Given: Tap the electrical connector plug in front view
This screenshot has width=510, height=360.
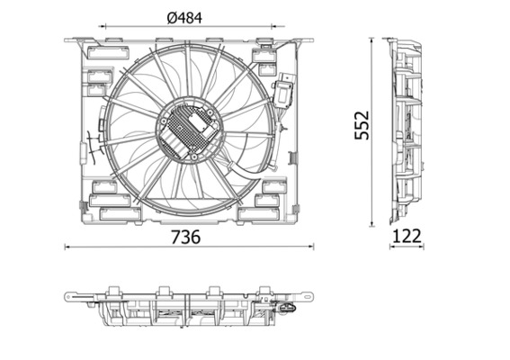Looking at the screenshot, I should (286, 90).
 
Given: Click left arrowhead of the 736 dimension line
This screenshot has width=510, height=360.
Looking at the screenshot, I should (68, 246).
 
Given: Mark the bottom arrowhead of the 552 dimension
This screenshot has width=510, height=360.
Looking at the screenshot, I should (374, 224).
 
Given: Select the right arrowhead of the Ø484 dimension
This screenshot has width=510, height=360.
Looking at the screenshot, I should (278, 27).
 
